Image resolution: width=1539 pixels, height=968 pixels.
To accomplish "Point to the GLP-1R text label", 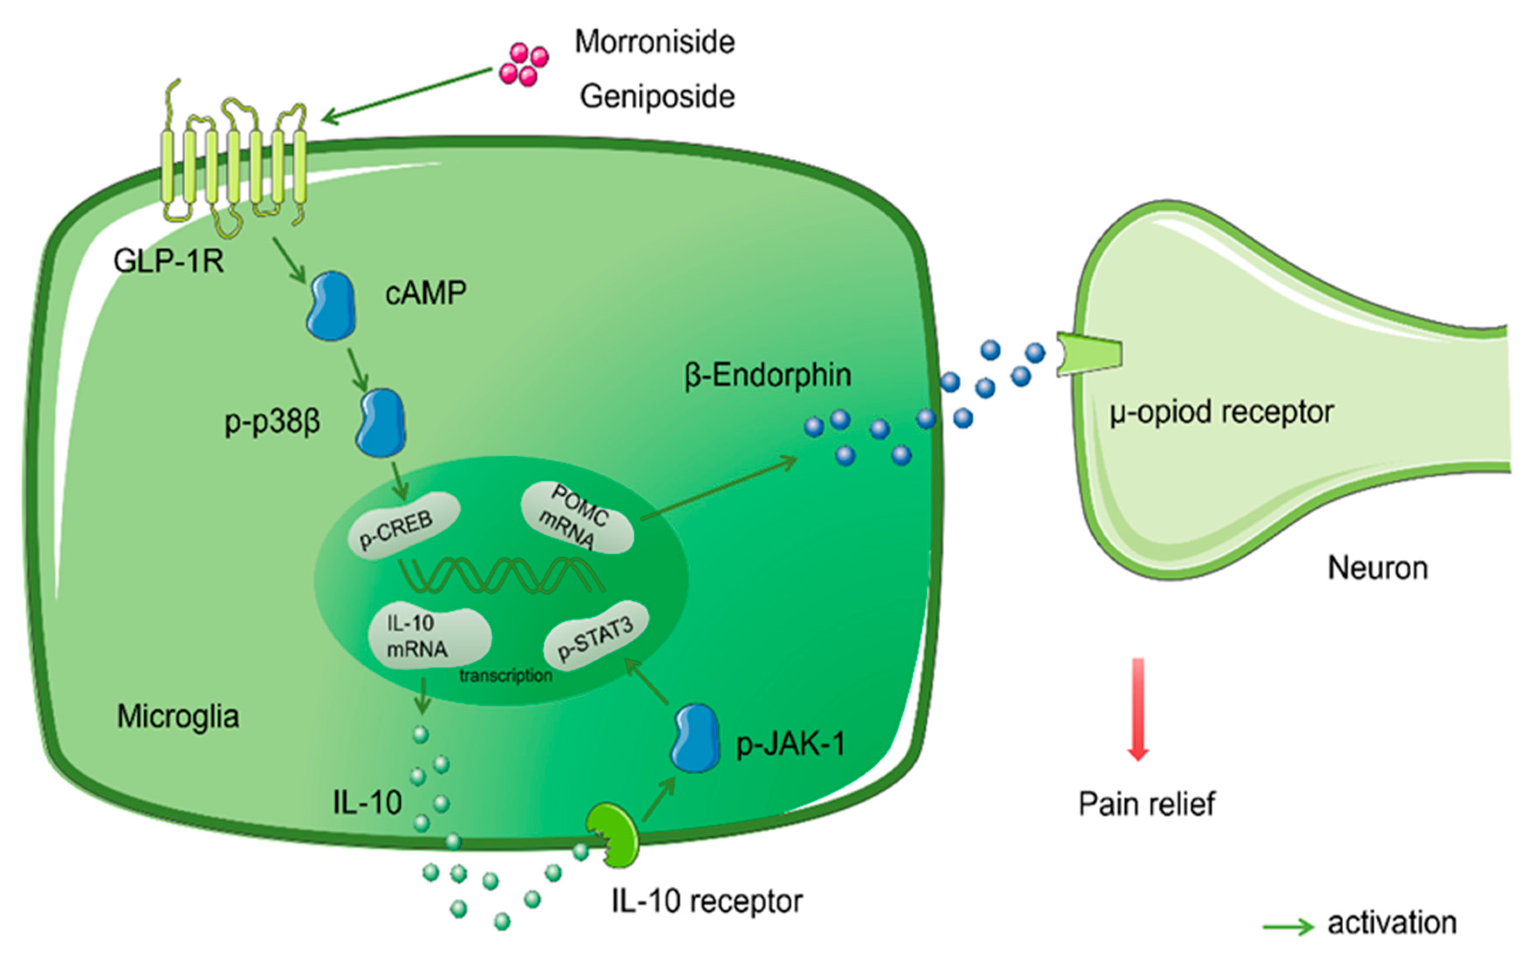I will pyautogui.click(x=168, y=261).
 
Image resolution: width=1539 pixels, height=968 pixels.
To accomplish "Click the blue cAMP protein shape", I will pyautogui.click(x=331, y=306).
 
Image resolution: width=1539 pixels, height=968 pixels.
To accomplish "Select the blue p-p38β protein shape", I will pyautogui.click(x=381, y=423).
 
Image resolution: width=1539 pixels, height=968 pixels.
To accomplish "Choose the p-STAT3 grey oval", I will pyautogui.click(x=596, y=636).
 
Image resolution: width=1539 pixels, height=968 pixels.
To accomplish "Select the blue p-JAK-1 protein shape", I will pyautogui.click(x=695, y=739).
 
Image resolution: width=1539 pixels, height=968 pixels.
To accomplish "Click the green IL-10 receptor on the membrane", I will pyautogui.click(x=615, y=835).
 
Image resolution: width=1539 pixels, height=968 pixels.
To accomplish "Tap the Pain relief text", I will pyautogui.click(x=1147, y=804).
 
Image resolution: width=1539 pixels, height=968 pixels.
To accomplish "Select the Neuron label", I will pyautogui.click(x=1377, y=568).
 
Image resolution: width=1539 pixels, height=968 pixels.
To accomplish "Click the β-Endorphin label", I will pyautogui.click(x=767, y=375).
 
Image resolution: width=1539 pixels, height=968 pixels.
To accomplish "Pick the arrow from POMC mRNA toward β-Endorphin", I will pyautogui.click(x=719, y=489).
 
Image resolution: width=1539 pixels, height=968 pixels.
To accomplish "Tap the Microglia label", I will pyautogui.click(x=178, y=717).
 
